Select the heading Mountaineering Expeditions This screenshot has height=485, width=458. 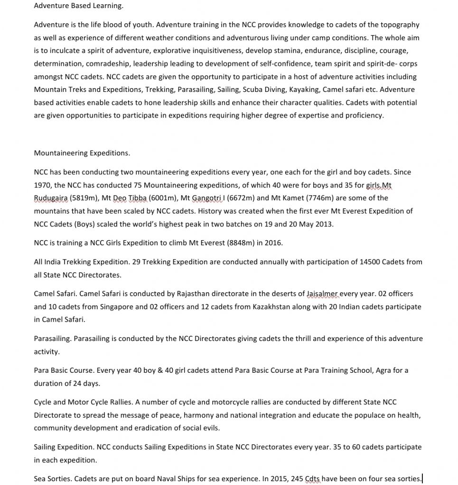coord(82,153)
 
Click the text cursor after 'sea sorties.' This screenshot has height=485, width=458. coord(422,479)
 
